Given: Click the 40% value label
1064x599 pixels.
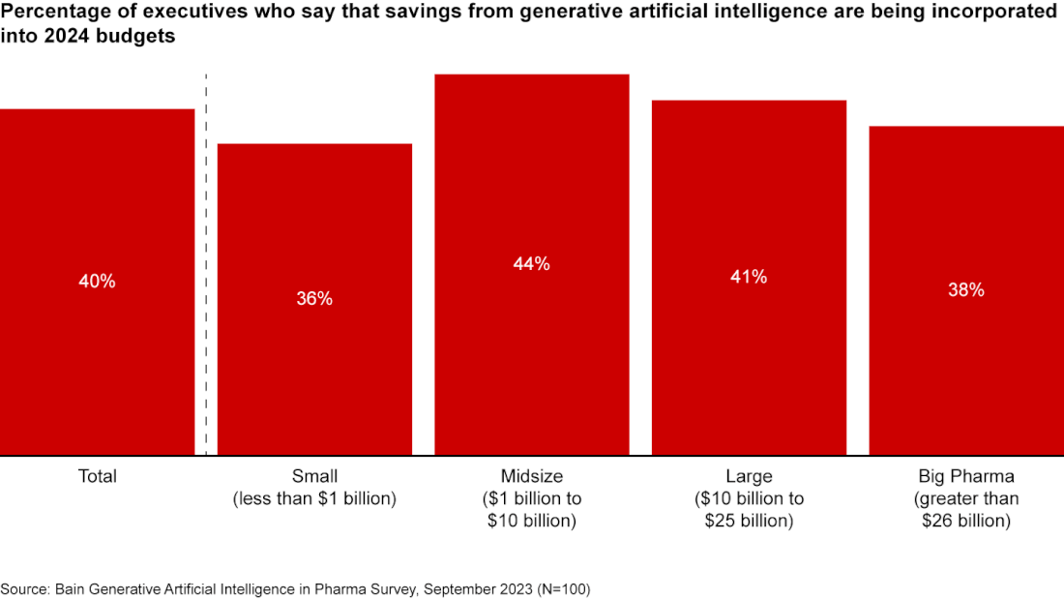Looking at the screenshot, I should pos(97,282).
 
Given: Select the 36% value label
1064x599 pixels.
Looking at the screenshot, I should pos(314,299).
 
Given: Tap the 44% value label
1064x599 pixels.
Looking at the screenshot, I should pos(532,263).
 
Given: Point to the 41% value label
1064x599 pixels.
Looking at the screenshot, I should pos(749,277).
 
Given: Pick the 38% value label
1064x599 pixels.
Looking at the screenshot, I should pos(966,289).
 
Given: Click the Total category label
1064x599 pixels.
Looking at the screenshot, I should pos(97,476).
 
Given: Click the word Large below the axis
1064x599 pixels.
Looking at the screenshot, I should pos(749,476).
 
